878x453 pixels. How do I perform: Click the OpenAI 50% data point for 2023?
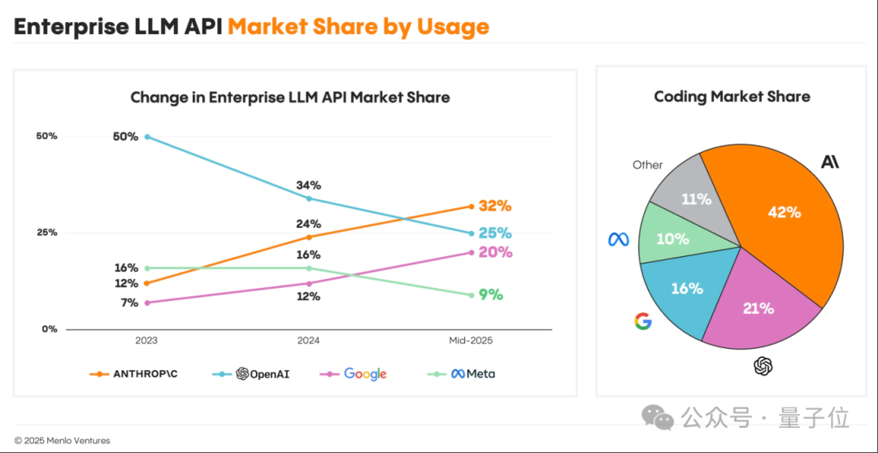[x=147, y=137]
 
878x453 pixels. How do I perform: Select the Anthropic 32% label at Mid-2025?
[x=494, y=206]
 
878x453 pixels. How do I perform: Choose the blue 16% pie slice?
[x=683, y=291]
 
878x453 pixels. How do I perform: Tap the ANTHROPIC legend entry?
[x=134, y=373]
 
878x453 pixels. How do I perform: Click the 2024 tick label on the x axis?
[x=309, y=341]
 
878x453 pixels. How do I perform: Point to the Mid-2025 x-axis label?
[x=472, y=341]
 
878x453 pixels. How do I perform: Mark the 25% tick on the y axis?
[x=48, y=233]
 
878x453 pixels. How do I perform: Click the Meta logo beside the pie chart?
[x=619, y=240]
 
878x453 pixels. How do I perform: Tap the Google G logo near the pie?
[x=643, y=321]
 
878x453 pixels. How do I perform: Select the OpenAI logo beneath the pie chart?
[x=763, y=366]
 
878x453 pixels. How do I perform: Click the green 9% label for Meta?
[x=490, y=294]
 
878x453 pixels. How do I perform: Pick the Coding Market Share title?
[x=732, y=96]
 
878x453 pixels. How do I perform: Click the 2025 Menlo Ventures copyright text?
[x=62, y=441]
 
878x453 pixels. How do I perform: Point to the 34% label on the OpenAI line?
[x=309, y=185]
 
